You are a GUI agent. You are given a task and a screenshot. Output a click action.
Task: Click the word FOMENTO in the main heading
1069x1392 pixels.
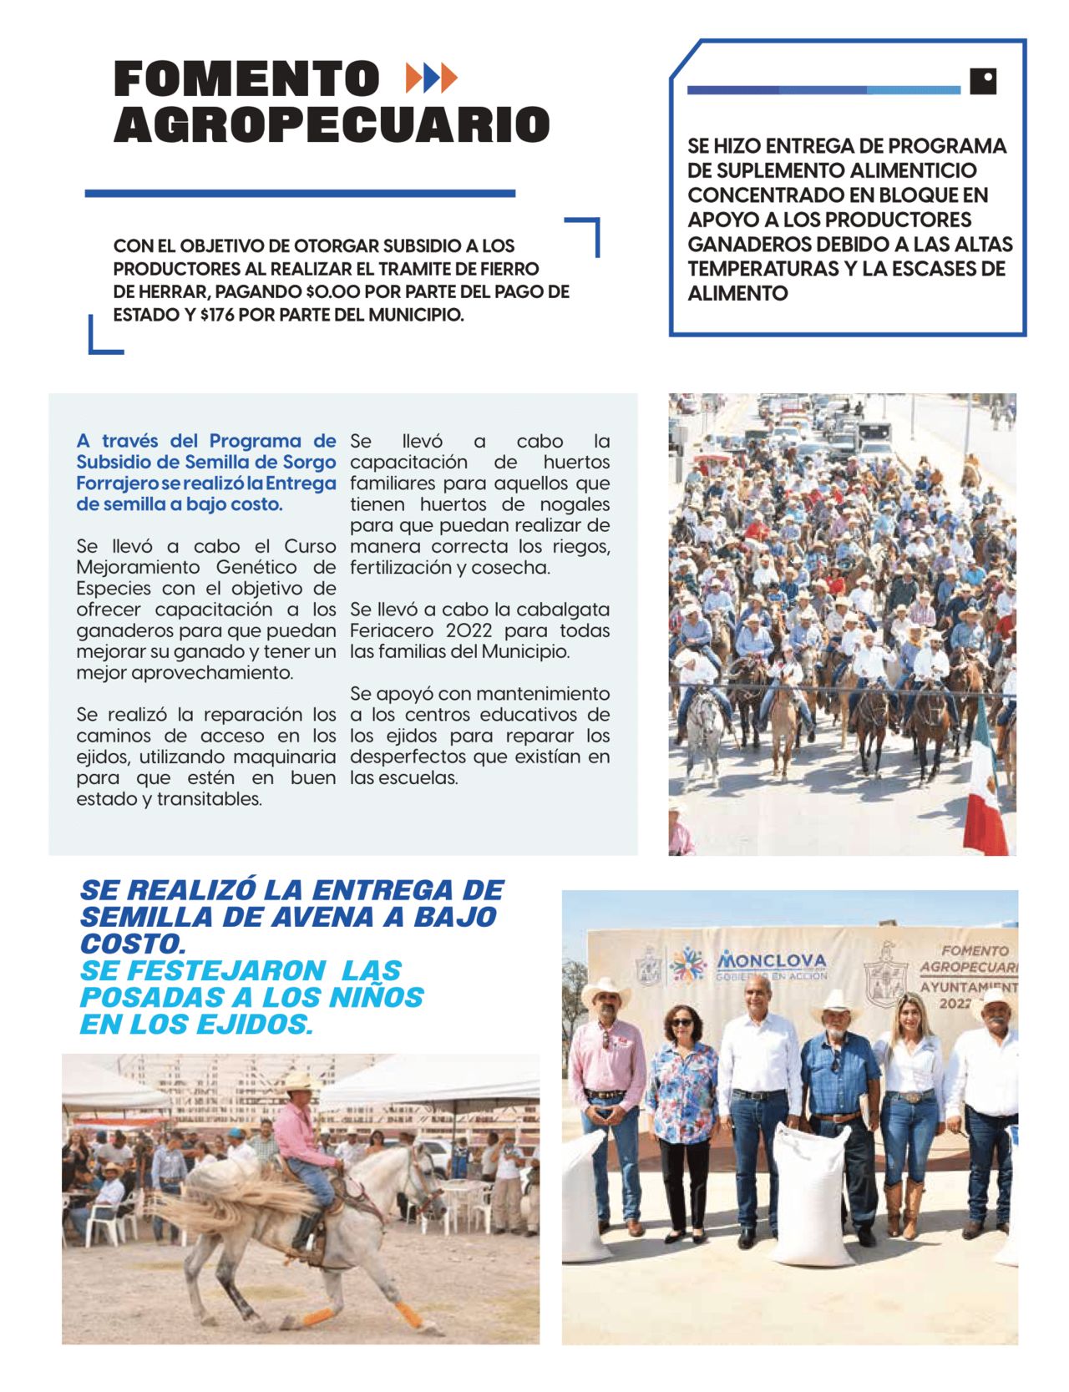246,79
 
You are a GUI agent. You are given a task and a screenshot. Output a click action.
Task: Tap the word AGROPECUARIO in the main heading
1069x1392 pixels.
332,125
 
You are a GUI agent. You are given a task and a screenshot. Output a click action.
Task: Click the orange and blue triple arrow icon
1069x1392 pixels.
431,78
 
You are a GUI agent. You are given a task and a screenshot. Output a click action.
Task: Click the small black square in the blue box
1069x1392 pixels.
983,81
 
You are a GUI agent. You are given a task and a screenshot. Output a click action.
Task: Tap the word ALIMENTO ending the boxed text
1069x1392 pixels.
737,294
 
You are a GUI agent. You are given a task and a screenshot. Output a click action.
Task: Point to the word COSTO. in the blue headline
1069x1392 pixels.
132,944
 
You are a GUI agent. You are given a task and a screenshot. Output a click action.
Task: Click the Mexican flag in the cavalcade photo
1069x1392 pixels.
985,785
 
